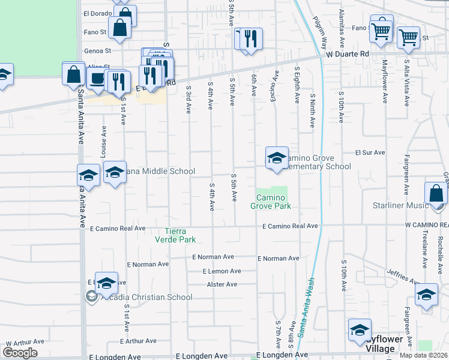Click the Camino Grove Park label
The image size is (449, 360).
click(274, 202)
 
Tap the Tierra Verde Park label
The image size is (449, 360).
click(180, 235)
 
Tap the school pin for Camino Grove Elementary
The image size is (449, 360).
click(277, 158)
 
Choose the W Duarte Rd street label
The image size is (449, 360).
click(348, 54)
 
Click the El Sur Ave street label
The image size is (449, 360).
click(370, 152)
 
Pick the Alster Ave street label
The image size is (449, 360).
click(222, 284)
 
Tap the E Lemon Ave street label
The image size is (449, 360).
click(221, 271)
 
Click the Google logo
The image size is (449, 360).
click(20, 353)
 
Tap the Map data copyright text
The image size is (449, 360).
click(424, 355)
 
